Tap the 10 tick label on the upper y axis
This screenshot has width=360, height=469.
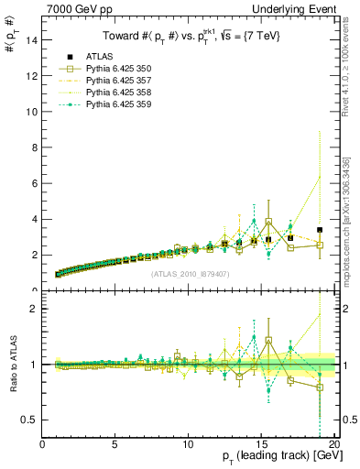(x=30, y=112)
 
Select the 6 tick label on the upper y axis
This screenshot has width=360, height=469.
(x=33, y=183)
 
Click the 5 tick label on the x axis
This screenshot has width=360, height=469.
(x=115, y=445)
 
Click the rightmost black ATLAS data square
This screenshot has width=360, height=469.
(x=320, y=230)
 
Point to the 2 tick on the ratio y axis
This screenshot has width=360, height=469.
(x=33, y=309)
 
